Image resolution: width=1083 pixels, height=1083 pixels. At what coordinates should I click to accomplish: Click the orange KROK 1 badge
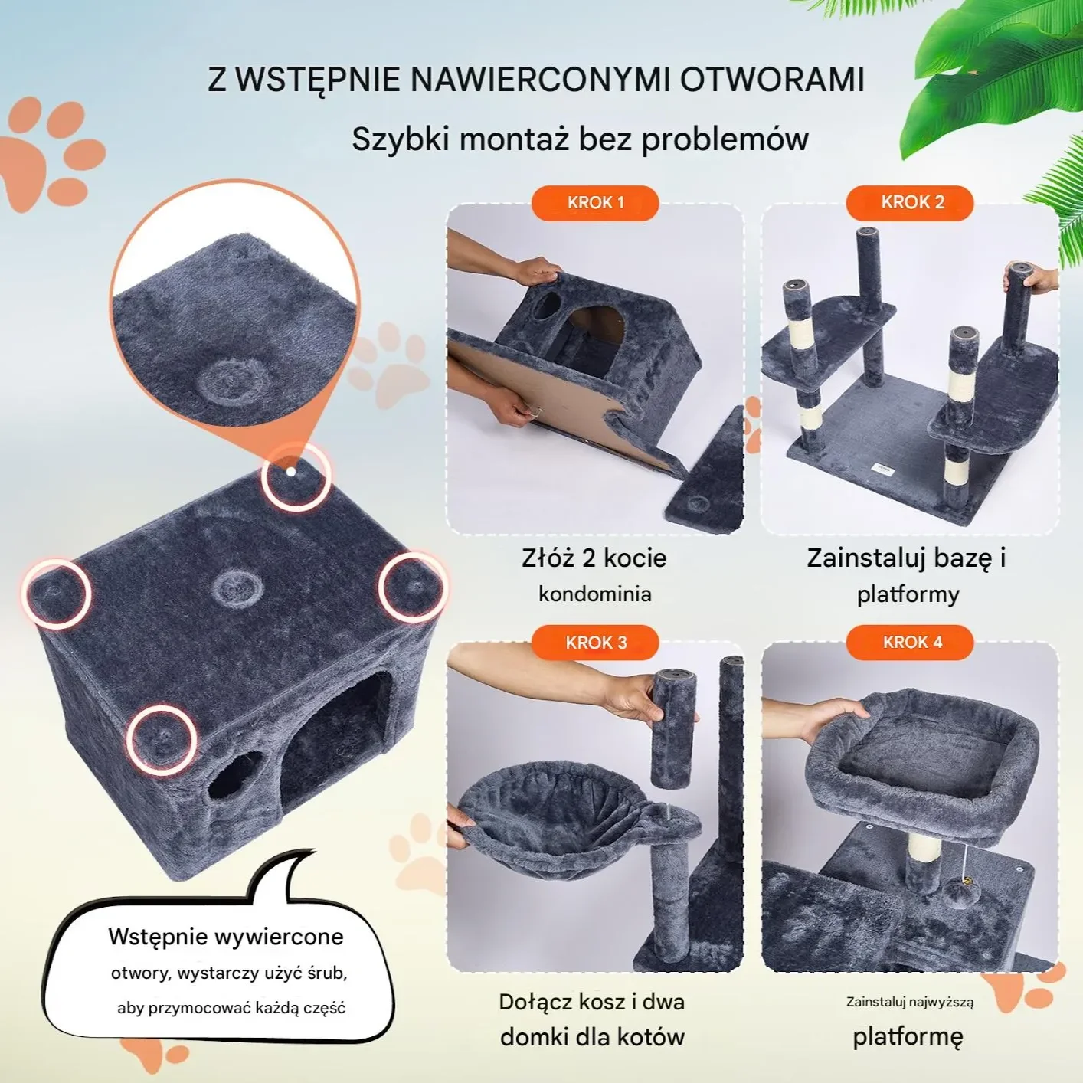[595, 203]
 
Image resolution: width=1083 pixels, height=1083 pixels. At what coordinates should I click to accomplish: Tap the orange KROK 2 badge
[910, 203]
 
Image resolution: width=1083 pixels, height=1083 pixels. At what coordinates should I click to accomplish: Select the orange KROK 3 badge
[595, 643]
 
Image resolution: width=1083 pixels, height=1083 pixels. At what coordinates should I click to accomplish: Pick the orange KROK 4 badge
[910, 643]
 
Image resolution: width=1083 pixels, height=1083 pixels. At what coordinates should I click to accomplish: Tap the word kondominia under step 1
[594, 594]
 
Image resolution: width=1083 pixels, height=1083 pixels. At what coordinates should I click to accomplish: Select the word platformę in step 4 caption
[908, 1036]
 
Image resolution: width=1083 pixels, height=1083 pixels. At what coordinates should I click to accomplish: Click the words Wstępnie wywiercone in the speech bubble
[226, 937]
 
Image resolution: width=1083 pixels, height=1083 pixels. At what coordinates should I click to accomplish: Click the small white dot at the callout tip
[290, 472]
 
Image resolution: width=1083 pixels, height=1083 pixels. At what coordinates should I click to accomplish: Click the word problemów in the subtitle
[725, 139]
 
